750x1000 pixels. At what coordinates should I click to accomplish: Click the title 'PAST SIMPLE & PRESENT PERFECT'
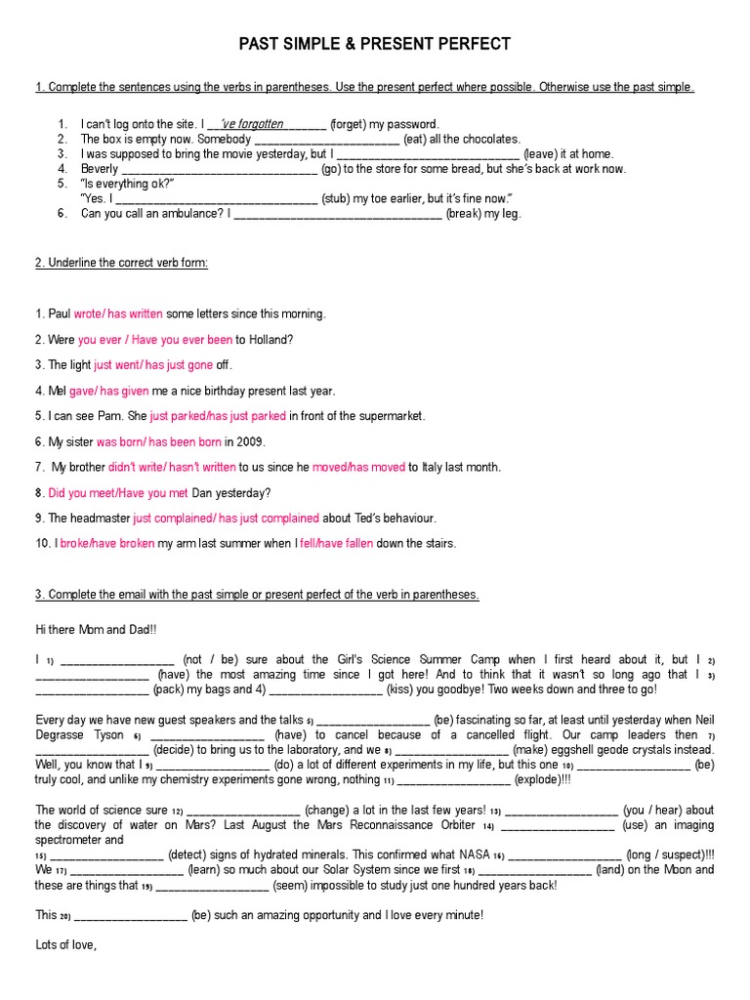(x=375, y=44)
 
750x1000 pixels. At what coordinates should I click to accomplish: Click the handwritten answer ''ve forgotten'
(x=253, y=124)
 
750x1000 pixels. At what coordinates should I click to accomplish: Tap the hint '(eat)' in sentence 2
(x=418, y=139)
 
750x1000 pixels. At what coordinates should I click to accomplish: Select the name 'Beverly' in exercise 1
(x=100, y=169)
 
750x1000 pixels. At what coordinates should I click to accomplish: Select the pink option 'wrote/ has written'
(x=118, y=313)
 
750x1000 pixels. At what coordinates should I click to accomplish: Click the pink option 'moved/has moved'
(x=358, y=467)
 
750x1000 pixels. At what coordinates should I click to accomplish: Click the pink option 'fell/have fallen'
(x=336, y=543)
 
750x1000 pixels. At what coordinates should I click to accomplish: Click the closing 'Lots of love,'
(x=67, y=944)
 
